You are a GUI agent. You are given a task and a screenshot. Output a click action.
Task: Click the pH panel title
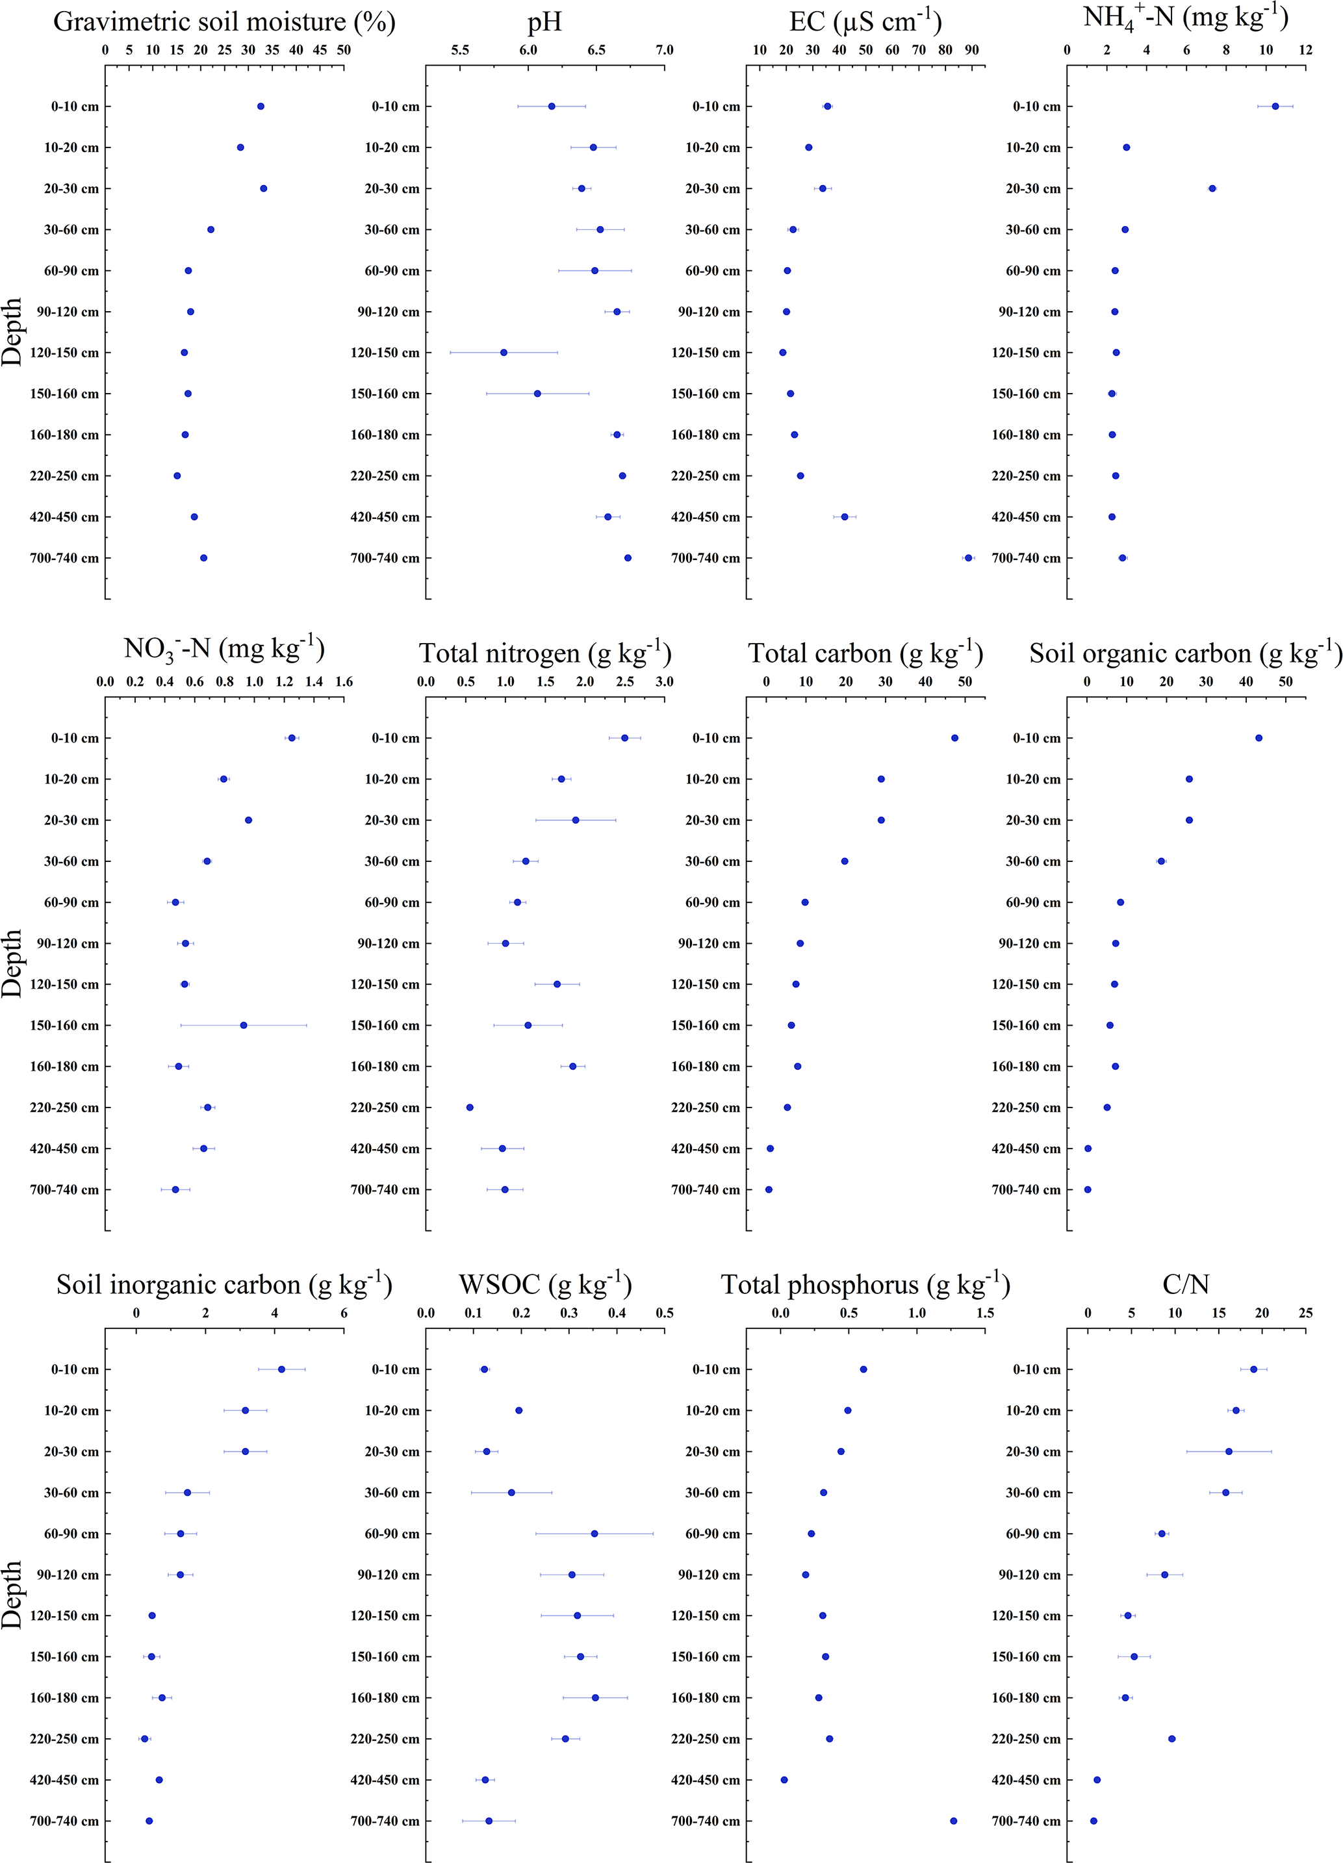click(544, 22)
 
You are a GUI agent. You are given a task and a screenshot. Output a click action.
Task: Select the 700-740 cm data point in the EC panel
click(967, 558)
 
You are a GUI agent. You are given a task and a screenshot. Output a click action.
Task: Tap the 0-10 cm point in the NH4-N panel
click(1275, 106)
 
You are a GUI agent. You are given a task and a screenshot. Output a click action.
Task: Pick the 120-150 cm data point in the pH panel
click(504, 352)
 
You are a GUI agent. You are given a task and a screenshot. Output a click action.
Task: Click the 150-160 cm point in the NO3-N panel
click(243, 1025)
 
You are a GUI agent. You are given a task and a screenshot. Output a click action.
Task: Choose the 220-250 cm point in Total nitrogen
click(470, 1108)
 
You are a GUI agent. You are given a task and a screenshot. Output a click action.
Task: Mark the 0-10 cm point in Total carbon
click(954, 738)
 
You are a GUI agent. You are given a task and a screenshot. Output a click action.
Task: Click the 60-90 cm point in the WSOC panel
click(595, 1534)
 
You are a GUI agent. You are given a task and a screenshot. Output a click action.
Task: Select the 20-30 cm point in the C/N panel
click(1229, 1451)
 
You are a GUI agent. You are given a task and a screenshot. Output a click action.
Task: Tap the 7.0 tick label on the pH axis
click(663, 50)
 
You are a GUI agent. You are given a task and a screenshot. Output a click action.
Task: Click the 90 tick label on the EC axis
click(972, 50)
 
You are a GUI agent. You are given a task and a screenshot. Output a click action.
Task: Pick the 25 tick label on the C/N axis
click(1305, 1313)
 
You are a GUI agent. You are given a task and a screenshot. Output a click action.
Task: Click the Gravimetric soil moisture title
click(224, 22)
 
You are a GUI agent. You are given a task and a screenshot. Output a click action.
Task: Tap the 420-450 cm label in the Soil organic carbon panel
click(1026, 1148)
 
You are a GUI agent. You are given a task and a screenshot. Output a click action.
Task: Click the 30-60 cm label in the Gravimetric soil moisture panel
click(71, 229)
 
